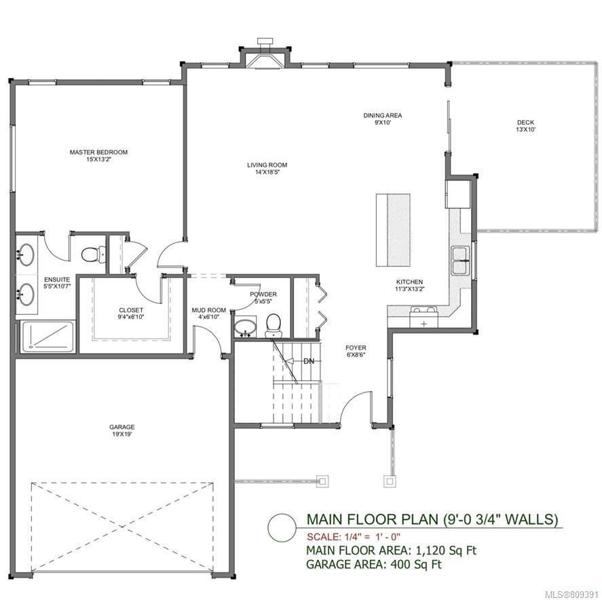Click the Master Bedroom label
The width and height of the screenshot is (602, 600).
[98, 155]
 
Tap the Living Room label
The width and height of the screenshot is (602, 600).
[267, 168]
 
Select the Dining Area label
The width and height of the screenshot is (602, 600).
[383, 119]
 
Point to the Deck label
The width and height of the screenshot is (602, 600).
[525, 126]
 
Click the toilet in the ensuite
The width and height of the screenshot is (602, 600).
[93, 254]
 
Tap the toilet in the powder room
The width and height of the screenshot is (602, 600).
[274, 326]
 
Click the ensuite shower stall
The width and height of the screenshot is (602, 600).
[48, 337]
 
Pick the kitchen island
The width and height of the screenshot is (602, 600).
[393, 230]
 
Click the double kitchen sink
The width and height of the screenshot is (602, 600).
[461, 261]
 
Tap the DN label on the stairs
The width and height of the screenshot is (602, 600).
[309, 361]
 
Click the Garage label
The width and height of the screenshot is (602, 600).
[122, 430]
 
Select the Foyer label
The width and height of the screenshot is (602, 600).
[356, 352]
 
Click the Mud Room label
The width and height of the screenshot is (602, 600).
[209, 314]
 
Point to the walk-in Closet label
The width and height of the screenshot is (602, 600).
[131, 314]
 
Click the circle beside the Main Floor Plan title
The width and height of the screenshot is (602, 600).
[282, 527]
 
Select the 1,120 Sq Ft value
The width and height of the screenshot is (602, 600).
[446, 550]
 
